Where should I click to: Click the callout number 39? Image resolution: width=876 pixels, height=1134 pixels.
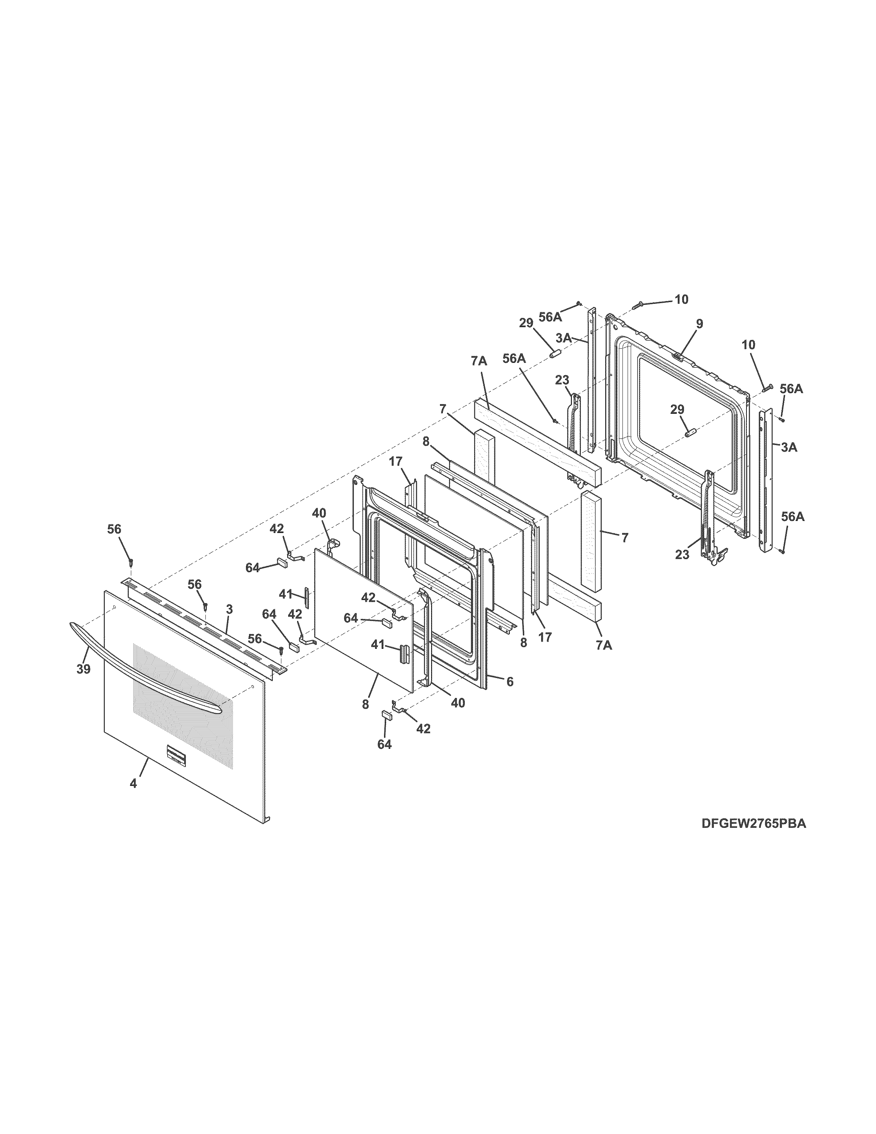click(x=83, y=669)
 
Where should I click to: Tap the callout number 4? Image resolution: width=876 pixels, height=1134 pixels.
click(x=133, y=784)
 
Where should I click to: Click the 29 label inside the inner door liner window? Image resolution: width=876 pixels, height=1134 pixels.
click(x=677, y=410)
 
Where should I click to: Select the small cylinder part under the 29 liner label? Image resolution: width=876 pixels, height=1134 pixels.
click(x=690, y=433)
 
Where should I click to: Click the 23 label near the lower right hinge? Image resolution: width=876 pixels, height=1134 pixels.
click(x=682, y=555)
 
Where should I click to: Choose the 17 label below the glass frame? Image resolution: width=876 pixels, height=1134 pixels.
click(x=544, y=637)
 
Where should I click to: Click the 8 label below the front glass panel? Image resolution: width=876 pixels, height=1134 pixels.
click(x=366, y=704)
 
